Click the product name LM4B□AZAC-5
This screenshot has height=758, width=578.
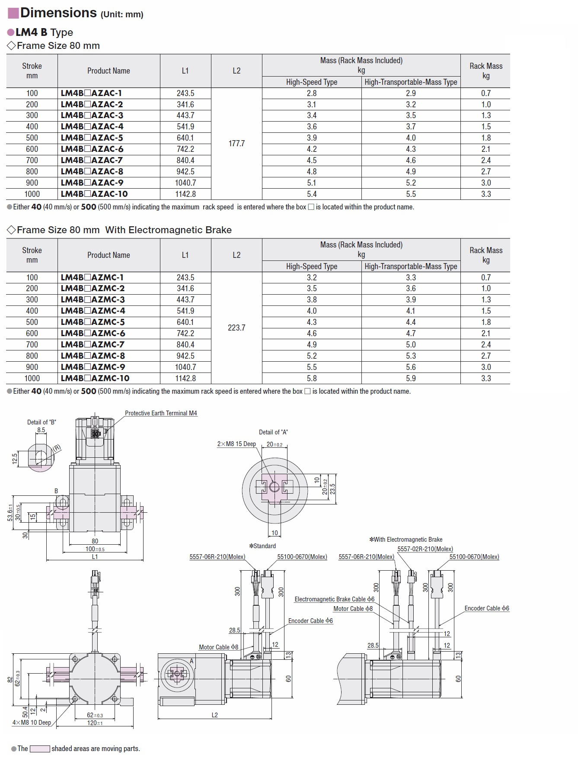[x=92, y=138]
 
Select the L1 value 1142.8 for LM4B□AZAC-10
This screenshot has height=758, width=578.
[x=185, y=194]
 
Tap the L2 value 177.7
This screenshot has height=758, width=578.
[x=236, y=143]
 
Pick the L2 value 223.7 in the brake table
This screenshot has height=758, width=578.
[x=236, y=328]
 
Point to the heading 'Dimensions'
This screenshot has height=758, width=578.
[x=58, y=13]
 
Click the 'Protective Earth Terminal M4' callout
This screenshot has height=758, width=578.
[x=161, y=413]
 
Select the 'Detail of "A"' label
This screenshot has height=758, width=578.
[x=273, y=432]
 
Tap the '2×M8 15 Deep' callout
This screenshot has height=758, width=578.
[x=236, y=444]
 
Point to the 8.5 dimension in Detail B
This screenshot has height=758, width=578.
[x=41, y=430]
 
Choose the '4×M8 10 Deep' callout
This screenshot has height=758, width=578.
[x=32, y=722]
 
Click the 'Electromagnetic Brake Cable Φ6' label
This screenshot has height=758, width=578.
[x=334, y=599]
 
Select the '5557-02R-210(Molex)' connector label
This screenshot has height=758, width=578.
[x=425, y=549]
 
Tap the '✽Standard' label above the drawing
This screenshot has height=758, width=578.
[x=262, y=546]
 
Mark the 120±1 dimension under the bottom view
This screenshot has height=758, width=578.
[x=95, y=723]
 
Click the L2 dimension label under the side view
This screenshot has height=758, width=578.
[x=215, y=715]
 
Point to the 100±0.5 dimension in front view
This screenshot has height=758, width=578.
[x=95, y=549]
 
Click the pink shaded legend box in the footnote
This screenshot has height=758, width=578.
[x=39, y=748]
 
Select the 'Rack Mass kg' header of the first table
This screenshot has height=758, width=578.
[x=486, y=71]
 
